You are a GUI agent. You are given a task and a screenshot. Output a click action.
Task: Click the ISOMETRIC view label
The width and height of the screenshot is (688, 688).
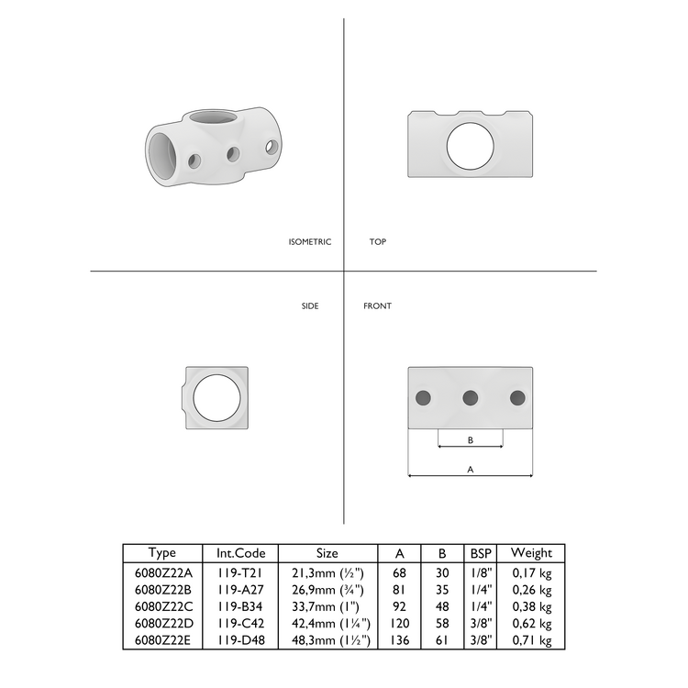click(x=309, y=242)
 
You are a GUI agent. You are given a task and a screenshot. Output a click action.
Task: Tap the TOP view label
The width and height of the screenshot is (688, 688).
click(x=377, y=242)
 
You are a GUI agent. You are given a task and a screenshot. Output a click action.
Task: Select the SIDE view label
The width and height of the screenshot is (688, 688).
click(x=310, y=305)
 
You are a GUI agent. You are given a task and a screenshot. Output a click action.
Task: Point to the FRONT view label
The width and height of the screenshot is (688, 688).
click(x=377, y=305)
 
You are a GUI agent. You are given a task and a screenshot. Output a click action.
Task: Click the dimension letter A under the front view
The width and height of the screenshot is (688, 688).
click(x=471, y=468)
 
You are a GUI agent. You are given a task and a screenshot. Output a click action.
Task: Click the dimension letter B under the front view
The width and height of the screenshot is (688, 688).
click(x=471, y=440)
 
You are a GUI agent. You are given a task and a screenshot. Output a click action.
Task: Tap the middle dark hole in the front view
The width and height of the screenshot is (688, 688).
click(x=471, y=397)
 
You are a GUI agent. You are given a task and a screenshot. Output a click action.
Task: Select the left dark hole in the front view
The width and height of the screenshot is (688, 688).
click(x=423, y=397)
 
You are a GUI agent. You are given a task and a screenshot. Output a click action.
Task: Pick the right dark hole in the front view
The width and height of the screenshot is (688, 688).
click(x=517, y=397)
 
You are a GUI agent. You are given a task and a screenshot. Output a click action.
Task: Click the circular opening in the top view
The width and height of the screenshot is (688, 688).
click(x=471, y=144)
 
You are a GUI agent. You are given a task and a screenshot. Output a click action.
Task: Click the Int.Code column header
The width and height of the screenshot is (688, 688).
click(x=241, y=553)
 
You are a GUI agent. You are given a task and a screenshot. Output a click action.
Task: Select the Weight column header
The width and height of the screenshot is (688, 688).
click(x=531, y=553)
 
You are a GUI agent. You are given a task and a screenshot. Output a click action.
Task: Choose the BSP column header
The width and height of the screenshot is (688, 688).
click(x=480, y=553)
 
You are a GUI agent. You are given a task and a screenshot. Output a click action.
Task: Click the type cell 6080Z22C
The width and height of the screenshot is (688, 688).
click(x=162, y=606)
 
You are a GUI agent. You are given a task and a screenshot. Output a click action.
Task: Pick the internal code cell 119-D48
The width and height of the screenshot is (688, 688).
click(x=241, y=641)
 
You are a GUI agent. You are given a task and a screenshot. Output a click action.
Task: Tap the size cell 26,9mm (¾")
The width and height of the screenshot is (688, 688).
click(x=327, y=589)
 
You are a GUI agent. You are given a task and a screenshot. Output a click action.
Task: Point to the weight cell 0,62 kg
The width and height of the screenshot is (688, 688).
click(x=531, y=624)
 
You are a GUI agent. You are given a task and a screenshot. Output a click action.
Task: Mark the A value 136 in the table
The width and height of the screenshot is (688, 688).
click(x=400, y=641)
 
